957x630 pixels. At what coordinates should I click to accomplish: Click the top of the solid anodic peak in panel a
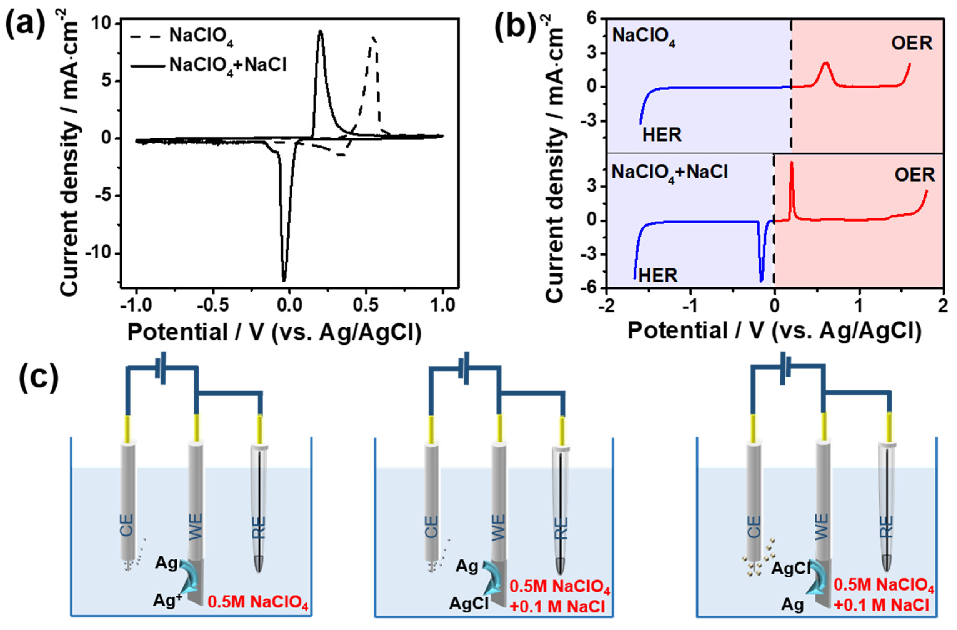click(x=320, y=31)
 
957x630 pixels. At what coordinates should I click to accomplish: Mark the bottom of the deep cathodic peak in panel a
click(x=284, y=280)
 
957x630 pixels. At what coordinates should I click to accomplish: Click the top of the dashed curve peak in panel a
click(x=374, y=37)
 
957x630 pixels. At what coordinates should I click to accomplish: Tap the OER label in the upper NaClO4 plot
click(x=912, y=43)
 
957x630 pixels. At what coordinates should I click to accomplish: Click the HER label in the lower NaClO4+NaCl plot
click(x=658, y=276)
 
